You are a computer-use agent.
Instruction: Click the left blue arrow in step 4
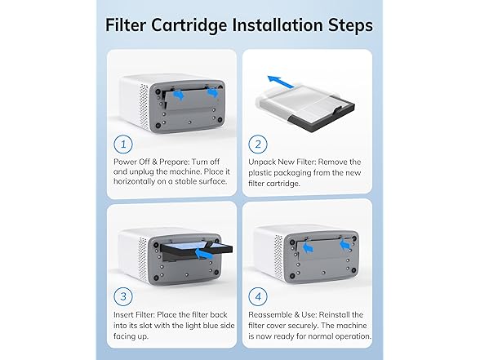tap(308, 243)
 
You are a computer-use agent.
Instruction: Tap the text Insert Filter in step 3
tap(135, 313)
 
